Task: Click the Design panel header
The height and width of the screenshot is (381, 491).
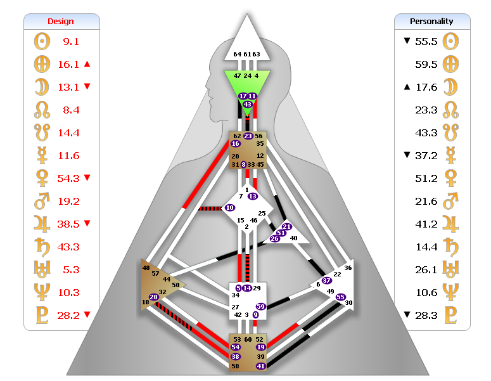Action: click(61, 21)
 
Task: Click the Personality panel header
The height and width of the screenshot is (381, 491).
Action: click(432, 21)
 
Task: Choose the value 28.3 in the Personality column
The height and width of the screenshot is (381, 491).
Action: click(426, 315)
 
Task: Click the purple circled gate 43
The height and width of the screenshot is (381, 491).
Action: click(247, 104)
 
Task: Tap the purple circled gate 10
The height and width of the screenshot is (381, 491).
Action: click(229, 207)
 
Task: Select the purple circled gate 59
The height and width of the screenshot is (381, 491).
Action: click(260, 307)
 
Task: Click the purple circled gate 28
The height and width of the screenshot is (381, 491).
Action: click(153, 297)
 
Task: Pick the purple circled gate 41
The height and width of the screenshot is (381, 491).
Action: click(260, 366)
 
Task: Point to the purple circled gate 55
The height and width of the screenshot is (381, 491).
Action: click(340, 296)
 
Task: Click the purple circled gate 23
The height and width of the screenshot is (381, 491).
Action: click(248, 136)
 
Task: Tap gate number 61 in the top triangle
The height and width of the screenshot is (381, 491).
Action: click(246, 55)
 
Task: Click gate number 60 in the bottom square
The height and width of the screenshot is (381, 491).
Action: click(248, 340)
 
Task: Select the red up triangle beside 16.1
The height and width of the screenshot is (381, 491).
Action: click(87, 64)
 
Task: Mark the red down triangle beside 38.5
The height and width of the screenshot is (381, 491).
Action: click(87, 224)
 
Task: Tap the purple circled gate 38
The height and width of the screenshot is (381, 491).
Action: click(235, 357)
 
